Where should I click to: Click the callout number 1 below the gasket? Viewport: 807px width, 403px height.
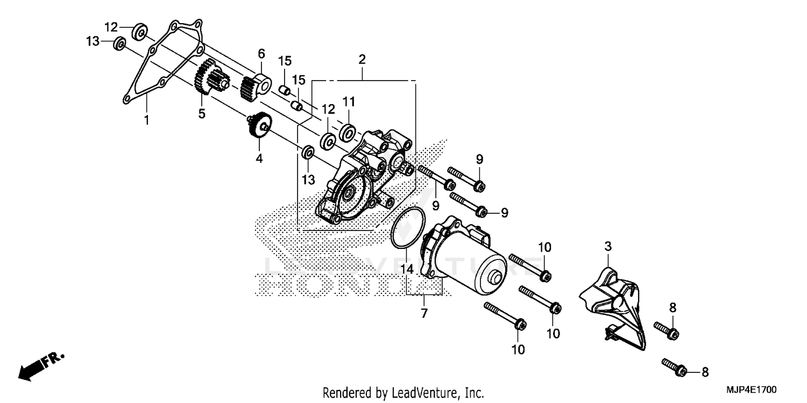(146, 120)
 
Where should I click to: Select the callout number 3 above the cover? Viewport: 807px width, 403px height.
(607, 247)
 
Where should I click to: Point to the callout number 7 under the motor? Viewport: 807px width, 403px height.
(424, 313)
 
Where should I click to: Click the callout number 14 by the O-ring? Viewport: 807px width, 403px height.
(407, 269)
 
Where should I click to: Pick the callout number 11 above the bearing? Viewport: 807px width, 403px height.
(348, 102)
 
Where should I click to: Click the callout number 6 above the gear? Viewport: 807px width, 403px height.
(261, 54)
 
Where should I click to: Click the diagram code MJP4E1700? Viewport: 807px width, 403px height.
(753, 388)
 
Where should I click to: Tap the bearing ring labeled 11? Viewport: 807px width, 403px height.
(348, 131)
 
